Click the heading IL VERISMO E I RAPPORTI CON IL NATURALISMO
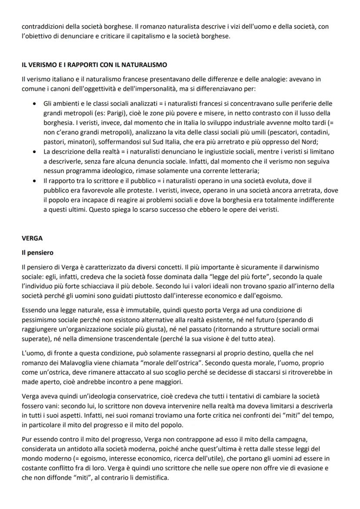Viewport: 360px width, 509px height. click(x=94, y=65)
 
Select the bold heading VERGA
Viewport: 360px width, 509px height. click(x=30, y=238)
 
